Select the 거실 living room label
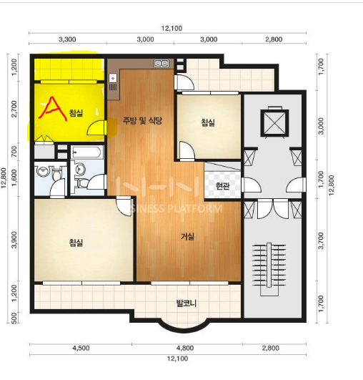tap(188, 237)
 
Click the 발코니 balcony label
tap(187, 303)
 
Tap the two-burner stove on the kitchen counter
tap(161, 64)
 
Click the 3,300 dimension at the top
tap(67, 39)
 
